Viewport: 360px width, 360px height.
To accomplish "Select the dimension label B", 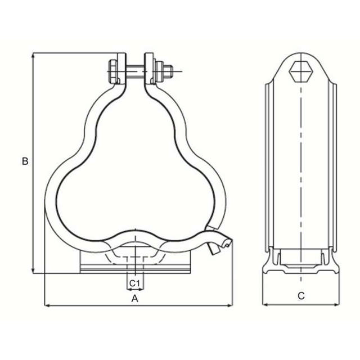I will pyautogui.click(x=25, y=161).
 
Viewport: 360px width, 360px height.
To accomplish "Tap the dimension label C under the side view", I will pyautogui.click(x=301, y=295).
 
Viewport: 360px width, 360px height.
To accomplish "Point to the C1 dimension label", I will pyautogui.click(x=134, y=282).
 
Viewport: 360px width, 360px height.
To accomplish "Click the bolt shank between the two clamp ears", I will pyautogui.click(x=137, y=72).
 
